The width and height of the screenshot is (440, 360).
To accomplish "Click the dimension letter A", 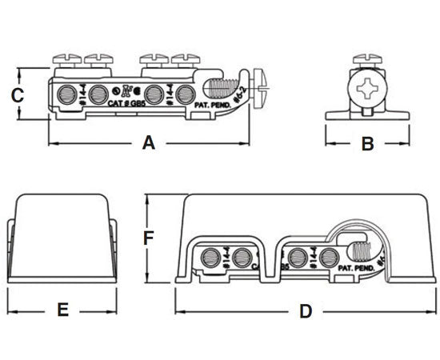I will click(148, 143).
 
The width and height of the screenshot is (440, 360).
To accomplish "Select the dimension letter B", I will click(366, 144).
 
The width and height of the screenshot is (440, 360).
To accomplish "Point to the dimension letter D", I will click(305, 311).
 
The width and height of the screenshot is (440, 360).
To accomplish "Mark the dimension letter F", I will click(147, 238).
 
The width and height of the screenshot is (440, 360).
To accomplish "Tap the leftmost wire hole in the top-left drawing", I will click(72, 90).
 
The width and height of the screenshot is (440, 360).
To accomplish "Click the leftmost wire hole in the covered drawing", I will click(212, 258).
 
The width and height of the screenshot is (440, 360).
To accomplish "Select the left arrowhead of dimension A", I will click(52, 143).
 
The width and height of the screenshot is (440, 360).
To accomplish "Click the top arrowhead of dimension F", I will click(147, 199).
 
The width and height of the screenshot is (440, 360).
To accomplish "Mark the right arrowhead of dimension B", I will click(407, 144).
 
